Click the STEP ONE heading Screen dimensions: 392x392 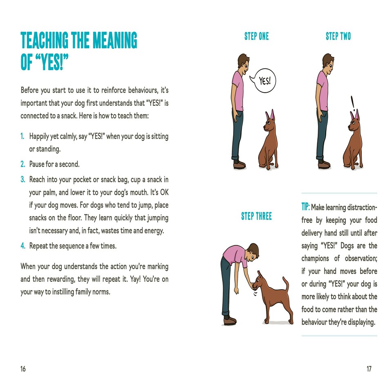coord(256,36)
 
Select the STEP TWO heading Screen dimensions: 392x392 coord(338,36)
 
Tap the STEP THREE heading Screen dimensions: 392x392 coord(256,216)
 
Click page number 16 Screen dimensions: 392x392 coord(23,369)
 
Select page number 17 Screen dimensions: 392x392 coord(369,369)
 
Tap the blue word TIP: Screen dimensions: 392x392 coord(306,207)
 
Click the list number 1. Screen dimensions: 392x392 coord(23,136)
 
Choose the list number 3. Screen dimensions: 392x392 coord(23,180)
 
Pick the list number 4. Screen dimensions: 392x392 coord(23,246)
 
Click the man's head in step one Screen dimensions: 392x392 coord(243,62)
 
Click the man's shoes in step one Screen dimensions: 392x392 coord(239,165)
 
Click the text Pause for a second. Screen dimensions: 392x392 coord(54,165)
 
